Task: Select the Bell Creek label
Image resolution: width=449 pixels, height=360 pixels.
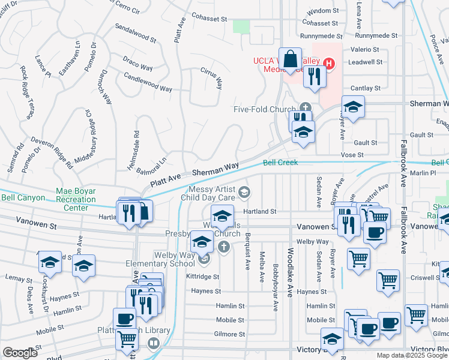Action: point(280,163)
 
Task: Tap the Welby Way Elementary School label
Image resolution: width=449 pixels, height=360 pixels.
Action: point(160,259)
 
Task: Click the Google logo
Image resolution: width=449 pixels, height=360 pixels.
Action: point(20,353)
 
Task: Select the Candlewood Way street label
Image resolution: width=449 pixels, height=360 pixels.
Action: point(148,84)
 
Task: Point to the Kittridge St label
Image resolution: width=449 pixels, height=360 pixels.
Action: point(202,277)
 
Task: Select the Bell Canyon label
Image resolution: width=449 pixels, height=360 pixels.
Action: point(23,197)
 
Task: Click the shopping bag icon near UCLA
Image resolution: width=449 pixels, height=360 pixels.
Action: point(290,59)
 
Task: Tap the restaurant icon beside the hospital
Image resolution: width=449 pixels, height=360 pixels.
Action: point(314,76)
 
